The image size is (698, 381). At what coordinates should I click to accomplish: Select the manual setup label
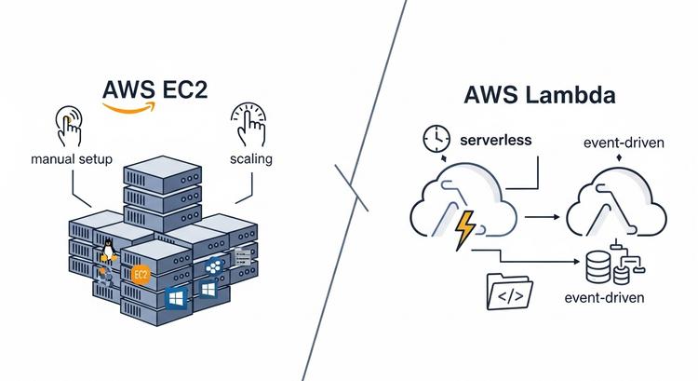click(72, 159)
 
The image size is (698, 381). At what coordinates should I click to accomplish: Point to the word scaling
click(250, 159)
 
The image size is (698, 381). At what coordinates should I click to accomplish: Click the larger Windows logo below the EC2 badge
click(175, 297)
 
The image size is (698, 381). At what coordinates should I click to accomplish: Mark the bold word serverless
click(496, 140)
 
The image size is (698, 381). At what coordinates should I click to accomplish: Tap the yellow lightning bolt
click(463, 227)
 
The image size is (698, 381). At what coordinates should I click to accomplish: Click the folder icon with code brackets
click(508, 293)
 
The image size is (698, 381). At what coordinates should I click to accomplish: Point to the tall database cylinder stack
click(597, 268)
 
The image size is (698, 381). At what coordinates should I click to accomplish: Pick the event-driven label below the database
click(604, 299)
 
